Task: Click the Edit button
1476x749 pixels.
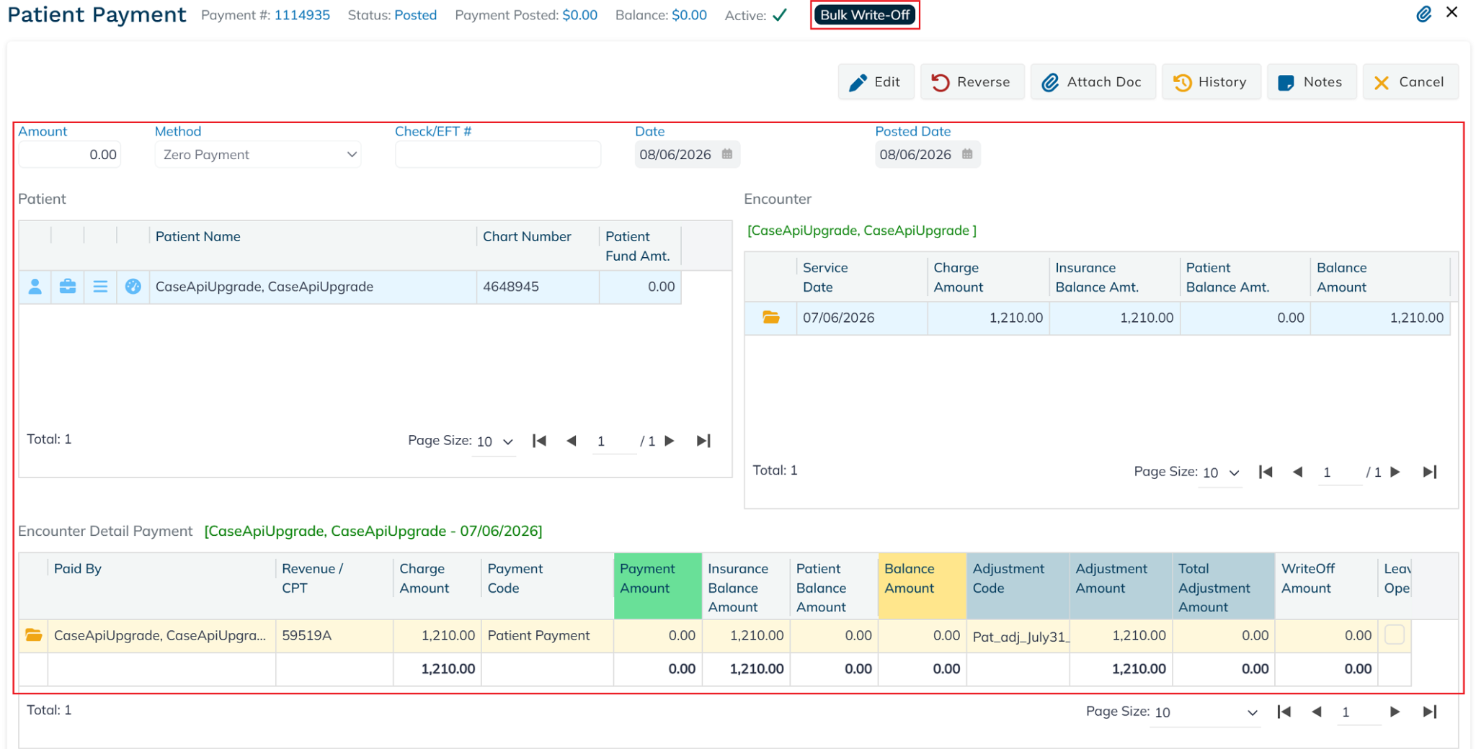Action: click(876, 82)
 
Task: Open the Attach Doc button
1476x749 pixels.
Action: click(1093, 82)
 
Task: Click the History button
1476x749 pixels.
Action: click(1211, 82)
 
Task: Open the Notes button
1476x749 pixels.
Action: click(1312, 82)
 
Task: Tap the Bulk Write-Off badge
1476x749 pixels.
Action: click(865, 15)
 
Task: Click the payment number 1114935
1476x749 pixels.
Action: click(302, 15)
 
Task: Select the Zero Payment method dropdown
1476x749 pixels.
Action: click(258, 155)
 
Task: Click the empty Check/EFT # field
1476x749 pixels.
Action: click(497, 155)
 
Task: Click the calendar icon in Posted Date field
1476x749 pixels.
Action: click(967, 154)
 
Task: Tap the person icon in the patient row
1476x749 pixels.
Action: click(35, 287)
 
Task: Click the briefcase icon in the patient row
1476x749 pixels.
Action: click(68, 287)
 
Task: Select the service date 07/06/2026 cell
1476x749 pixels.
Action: click(862, 318)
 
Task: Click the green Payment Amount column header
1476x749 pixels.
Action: click(658, 586)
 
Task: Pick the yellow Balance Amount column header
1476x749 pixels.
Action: click(922, 586)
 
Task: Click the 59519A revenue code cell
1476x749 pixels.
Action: click(334, 635)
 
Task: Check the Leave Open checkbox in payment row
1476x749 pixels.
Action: click(1395, 634)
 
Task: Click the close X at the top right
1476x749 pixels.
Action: click(1452, 12)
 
